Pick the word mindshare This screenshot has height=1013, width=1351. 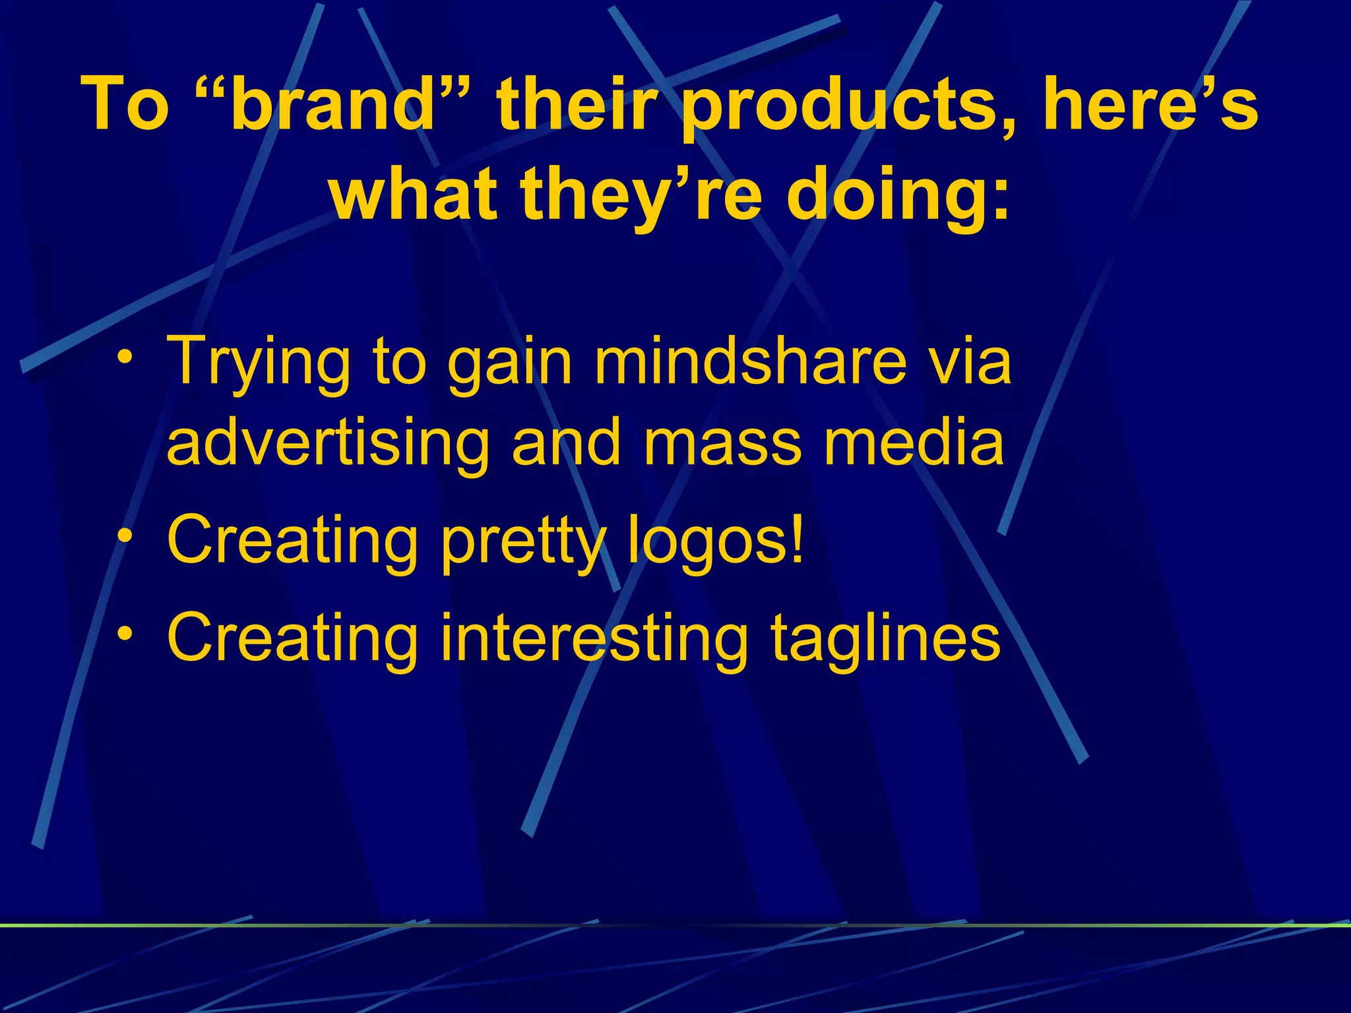[x=749, y=361]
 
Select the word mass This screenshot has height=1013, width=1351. [x=723, y=443]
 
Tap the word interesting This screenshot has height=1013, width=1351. [x=594, y=638]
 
